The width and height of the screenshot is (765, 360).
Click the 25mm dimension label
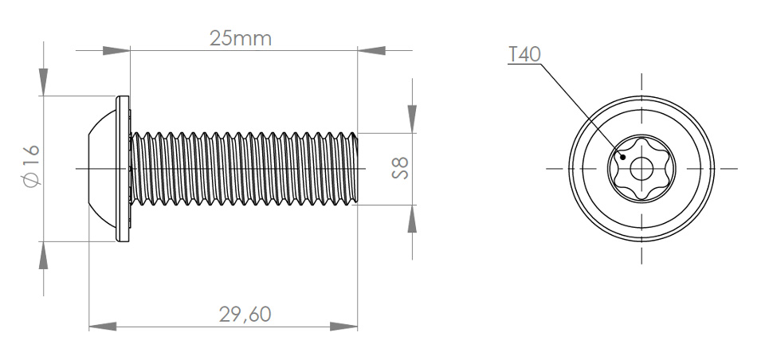240,38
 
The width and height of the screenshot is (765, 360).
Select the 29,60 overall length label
245,315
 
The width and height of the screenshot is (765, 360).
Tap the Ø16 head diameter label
31,166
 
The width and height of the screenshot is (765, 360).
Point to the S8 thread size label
400,168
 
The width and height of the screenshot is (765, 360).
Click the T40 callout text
524,54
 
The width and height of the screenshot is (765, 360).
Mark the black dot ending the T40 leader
622,157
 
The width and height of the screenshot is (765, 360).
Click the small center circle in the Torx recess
641,170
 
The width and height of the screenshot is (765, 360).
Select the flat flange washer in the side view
123,169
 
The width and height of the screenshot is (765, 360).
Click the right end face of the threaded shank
357,169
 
